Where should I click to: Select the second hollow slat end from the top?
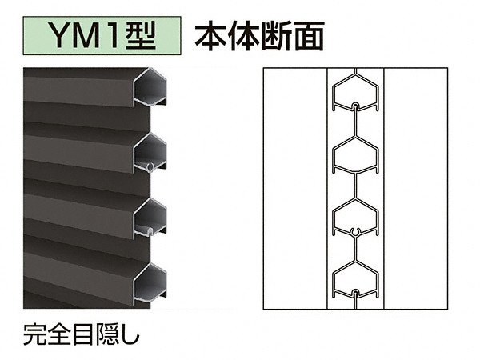[151, 151]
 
